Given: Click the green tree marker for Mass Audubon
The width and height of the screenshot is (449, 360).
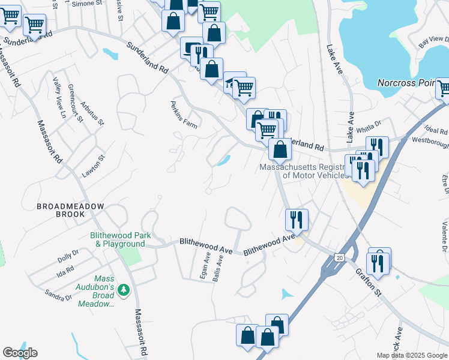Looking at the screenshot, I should point(124,290).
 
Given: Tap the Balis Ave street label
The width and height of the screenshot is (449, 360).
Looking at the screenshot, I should point(220,268).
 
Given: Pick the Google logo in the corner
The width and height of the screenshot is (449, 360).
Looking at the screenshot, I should point(20,353).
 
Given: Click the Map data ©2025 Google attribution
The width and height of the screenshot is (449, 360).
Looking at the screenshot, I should point(411,355).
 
